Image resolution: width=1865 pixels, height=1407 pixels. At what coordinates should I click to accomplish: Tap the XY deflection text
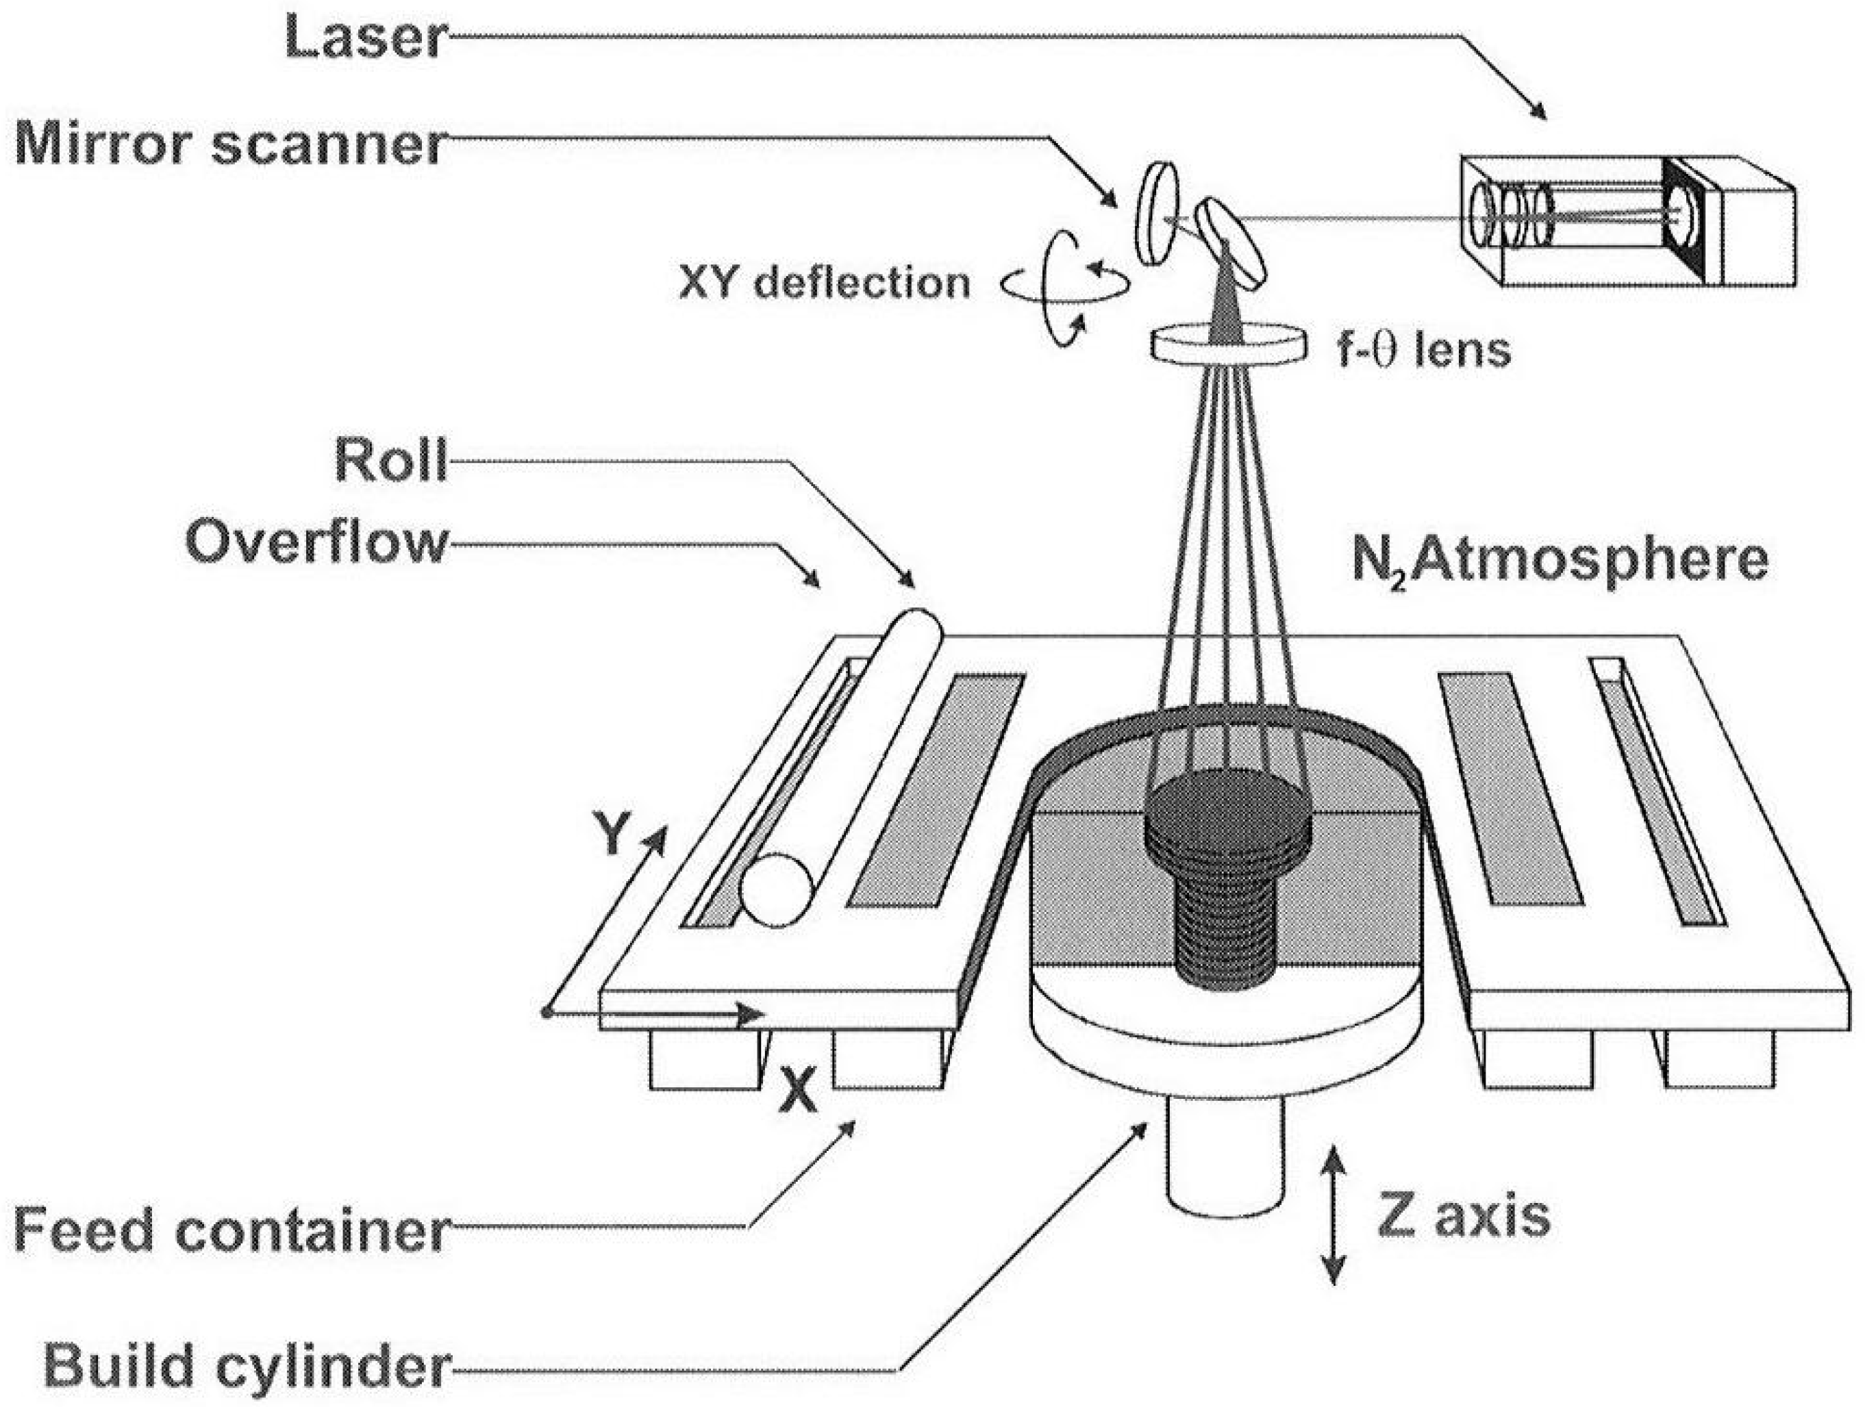coord(825,283)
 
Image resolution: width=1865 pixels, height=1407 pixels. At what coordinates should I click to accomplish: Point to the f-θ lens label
coord(1424,349)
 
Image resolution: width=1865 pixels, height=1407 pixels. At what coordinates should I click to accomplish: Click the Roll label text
coord(390,459)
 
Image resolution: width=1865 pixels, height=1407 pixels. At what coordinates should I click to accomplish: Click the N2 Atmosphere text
coord(1560,559)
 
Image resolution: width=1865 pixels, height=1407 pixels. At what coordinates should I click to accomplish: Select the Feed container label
coord(229,1232)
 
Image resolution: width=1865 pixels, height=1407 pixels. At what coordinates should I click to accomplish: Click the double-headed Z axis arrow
coord(1332,1213)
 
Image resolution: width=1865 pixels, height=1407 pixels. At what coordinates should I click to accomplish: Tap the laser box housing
coord(1627,221)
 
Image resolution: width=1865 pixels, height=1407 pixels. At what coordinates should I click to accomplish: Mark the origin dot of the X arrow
coord(547,1013)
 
